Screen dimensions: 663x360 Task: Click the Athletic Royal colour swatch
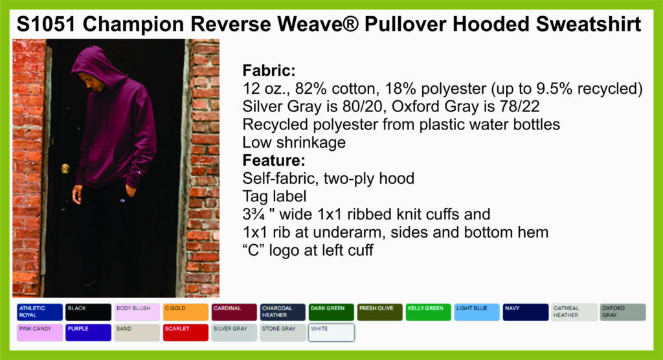(39, 312)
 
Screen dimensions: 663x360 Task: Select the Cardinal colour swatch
(234, 312)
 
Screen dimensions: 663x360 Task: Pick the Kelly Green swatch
(429, 312)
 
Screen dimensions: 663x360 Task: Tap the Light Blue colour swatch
(477, 312)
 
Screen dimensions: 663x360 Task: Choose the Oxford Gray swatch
(623, 312)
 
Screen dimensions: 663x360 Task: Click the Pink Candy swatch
(39, 333)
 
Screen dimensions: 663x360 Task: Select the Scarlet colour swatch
(186, 333)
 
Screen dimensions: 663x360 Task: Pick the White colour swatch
(331, 333)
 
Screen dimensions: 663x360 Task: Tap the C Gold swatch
(186, 312)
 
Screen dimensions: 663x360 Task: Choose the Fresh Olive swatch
(379, 312)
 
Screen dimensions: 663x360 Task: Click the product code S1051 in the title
(46, 25)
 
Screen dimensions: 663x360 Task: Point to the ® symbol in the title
(350, 23)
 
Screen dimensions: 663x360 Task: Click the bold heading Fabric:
(269, 70)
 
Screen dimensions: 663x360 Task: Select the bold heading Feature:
(274, 161)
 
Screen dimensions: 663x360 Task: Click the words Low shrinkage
(294, 142)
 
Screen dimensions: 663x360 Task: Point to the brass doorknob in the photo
(65, 168)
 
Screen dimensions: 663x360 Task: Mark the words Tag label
(275, 197)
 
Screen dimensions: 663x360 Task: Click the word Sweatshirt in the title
(589, 25)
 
